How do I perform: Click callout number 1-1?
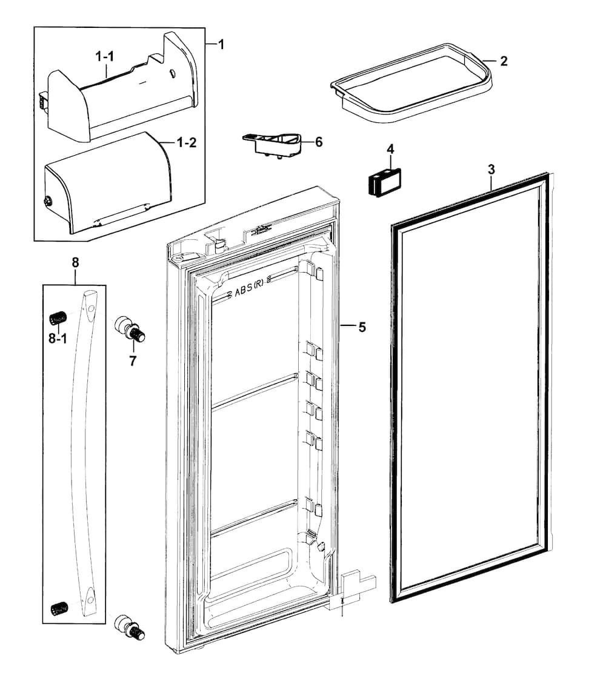pyautogui.click(x=105, y=56)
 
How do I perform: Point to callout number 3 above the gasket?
pyautogui.click(x=491, y=170)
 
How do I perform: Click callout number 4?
pyautogui.click(x=390, y=148)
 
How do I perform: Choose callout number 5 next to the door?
pyautogui.click(x=362, y=327)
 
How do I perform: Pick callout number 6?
pyautogui.click(x=319, y=142)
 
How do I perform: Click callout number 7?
pyautogui.click(x=132, y=362)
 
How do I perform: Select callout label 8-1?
pyautogui.click(x=58, y=339)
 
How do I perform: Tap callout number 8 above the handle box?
pyautogui.click(x=75, y=262)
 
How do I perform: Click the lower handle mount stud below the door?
pyautogui.click(x=131, y=626)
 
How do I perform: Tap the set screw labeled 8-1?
pyautogui.click(x=57, y=317)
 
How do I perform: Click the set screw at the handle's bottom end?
pyautogui.click(x=58, y=607)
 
